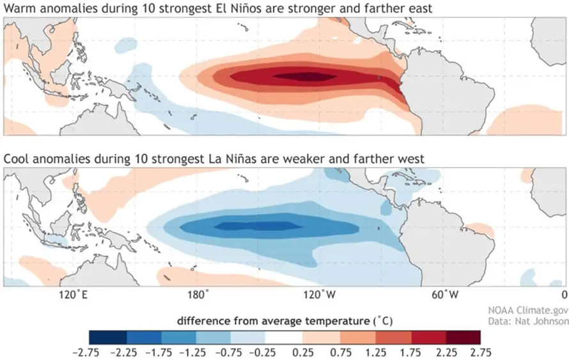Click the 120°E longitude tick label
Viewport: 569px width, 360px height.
[x=72, y=295]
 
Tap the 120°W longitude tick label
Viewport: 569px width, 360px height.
[x=319, y=295]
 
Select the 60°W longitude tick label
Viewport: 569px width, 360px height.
[x=442, y=295]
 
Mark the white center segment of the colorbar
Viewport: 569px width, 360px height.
[x=284, y=336]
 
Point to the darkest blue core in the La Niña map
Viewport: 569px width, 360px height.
[x=256, y=226]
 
